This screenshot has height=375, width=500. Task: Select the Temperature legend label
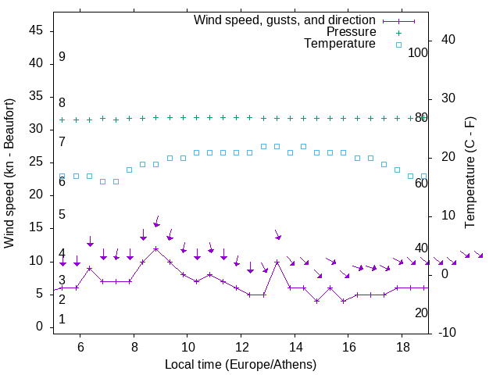coord(340,44)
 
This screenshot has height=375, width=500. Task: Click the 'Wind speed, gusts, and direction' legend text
coord(285,20)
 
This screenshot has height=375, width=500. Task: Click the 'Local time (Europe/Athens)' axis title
coord(241,364)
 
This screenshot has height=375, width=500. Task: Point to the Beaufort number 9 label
coord(62,57)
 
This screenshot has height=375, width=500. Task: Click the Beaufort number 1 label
coord(62,319)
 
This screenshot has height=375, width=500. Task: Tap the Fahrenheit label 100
coord(418,52)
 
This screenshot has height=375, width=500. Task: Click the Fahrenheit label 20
coord(421,312)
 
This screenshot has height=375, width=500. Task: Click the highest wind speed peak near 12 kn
coord(156,248)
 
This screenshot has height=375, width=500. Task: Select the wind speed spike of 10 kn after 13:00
coord(277,262)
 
